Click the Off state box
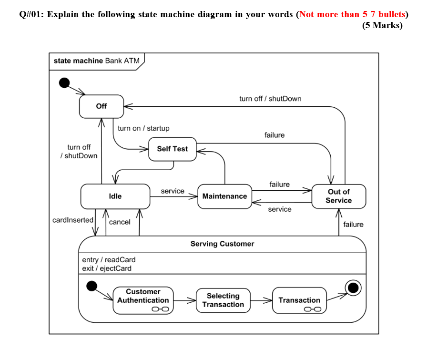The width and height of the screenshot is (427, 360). point(101,106)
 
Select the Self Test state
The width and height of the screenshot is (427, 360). point(172,149)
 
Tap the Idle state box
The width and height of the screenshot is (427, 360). point(115,196)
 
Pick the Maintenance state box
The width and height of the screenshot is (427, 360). point(224,196)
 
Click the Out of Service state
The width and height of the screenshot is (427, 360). point(338,196)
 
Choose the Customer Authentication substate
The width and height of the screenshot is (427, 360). point(143,300)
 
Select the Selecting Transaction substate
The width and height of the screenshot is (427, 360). point(223,300)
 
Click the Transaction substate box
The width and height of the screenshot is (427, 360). point(299,300)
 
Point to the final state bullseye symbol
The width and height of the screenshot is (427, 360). point(353,288)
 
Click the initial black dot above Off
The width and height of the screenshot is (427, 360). point(64,83)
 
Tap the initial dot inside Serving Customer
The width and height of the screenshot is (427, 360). point(91,286)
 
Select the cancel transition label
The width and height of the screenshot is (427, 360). point(120,222)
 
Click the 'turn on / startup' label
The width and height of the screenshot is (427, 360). point(143,128)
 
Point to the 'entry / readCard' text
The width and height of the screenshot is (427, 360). point(109,260)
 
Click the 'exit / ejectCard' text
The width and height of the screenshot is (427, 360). point(107,268)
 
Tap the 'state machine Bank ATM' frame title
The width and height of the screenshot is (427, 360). point(96,61)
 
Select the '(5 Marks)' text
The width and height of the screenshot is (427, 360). point(382,25)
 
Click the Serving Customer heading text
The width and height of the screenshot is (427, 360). point(222,244)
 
